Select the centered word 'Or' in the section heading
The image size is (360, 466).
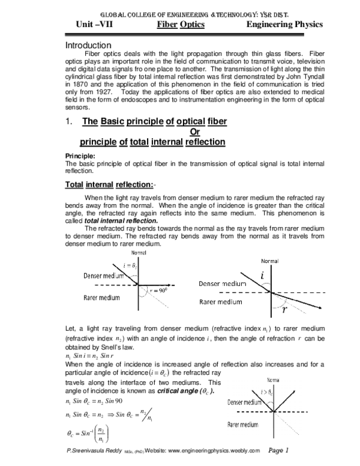194,132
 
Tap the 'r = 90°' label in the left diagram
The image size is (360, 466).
158,289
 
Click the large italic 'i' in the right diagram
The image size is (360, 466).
261,275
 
